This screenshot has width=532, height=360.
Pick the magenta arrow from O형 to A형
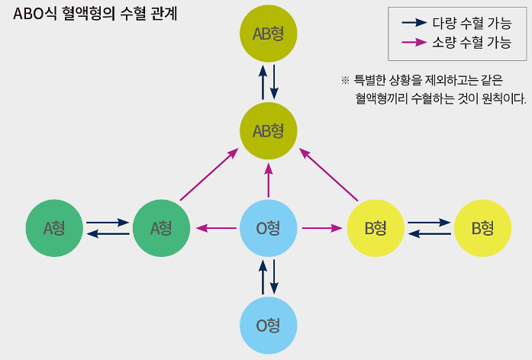(216, 227)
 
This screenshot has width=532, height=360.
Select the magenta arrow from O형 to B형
(321, 227)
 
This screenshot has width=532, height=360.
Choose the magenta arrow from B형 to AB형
(329, 175)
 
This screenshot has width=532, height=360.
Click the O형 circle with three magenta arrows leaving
(268, 227)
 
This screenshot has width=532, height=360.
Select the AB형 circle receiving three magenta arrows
(268, 130)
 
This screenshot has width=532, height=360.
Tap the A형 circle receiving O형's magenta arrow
(161, 227)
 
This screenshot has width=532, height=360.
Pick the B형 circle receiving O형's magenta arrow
(376, 227)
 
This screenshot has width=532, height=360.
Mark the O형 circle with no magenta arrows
(268, 325)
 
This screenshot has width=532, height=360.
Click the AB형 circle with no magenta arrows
(268, 34)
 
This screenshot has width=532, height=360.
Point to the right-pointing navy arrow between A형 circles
(108, 222)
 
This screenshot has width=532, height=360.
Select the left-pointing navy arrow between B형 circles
(429, 233)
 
